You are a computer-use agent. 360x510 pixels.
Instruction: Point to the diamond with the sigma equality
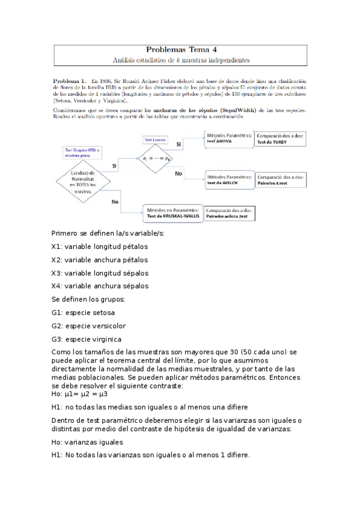[x=154, y=158]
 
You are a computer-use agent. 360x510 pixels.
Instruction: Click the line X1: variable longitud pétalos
[x=100, y=247]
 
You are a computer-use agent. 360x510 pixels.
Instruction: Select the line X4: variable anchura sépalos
[x=100, y=286]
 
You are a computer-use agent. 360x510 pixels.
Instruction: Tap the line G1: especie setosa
[x=84, y=313]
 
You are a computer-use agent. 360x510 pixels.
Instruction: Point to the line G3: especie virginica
[x=87, y=339]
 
